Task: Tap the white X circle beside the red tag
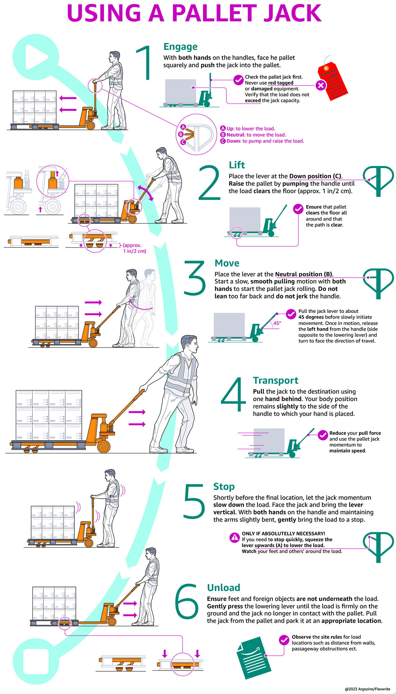(x=321, y=85)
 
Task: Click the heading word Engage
(x=180, y=47)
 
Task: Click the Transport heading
(x=276, y=380)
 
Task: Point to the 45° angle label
(x=277, y=323)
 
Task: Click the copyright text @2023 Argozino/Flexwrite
(x=367, y=689)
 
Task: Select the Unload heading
(x=224, y=588)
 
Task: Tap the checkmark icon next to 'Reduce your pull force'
(x=323, y=435)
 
